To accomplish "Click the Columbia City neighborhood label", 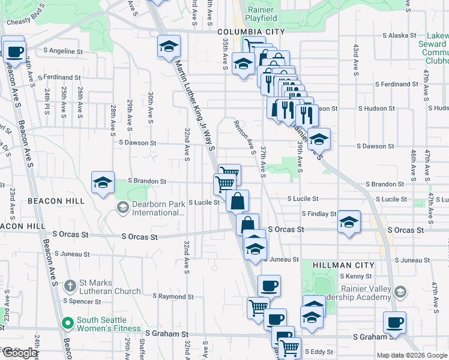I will click(251, 32).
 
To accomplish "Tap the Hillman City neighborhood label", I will click(343, 265).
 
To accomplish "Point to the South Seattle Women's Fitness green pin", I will click(67, 323).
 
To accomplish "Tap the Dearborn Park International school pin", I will click(122, 208).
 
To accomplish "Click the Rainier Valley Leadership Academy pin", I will click(400, 292).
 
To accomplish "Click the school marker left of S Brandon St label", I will click(103, 182).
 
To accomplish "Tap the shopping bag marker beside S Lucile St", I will click(238, 202).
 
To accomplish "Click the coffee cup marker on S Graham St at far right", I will click(395, 323).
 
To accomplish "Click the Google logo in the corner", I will click(20, 353).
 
